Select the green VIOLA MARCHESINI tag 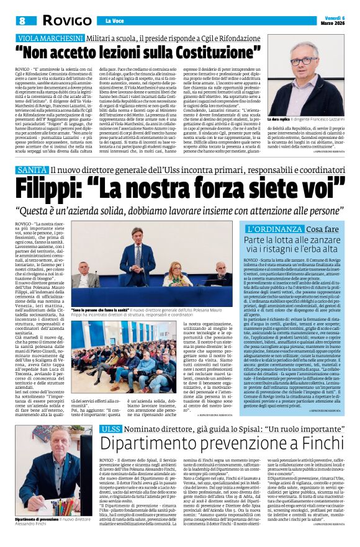click(50, 38)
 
